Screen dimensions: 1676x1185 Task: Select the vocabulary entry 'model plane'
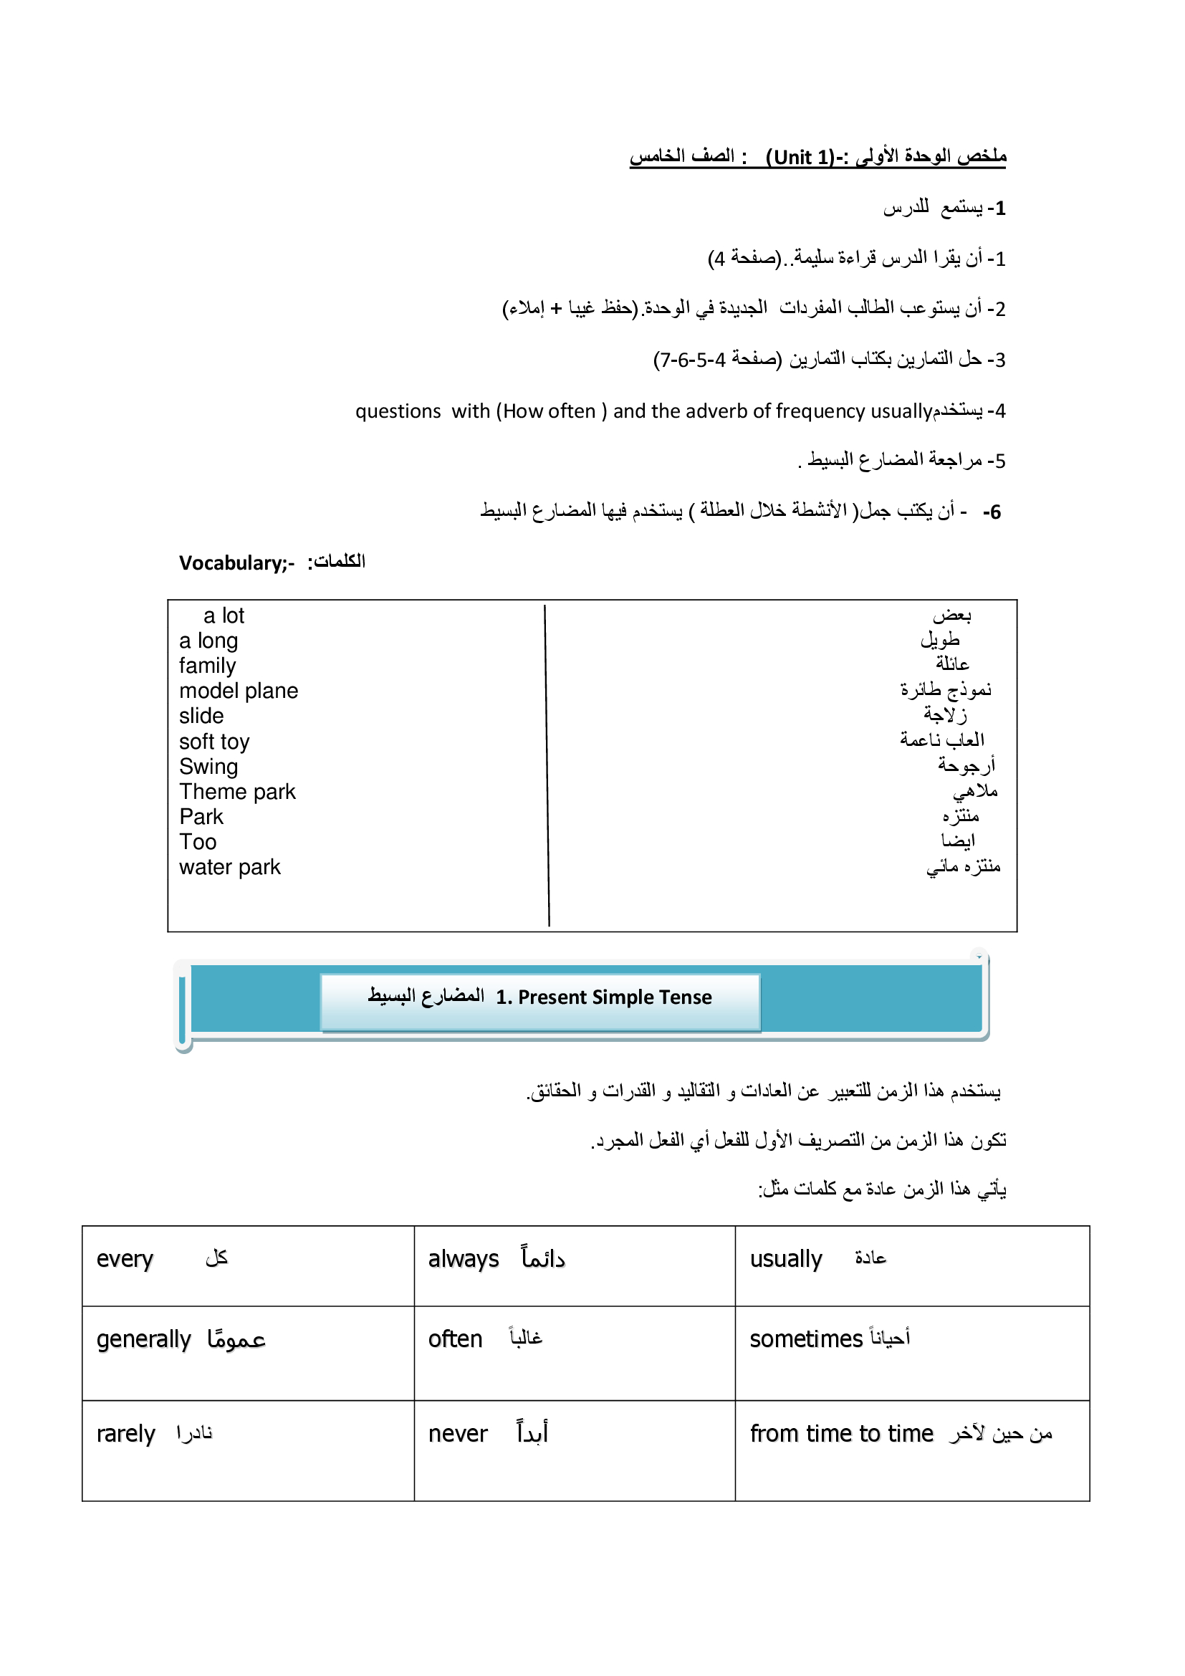click(239, 691)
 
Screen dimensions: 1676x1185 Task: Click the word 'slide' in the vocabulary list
click(201, 716)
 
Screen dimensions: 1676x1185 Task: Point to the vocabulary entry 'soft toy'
click(214, 742)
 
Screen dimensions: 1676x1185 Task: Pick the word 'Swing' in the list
click(208, 767)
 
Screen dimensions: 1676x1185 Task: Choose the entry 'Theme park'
click(237, 792)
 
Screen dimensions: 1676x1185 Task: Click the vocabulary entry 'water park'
click(230, 867)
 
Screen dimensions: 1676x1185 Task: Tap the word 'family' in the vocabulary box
click(208, 666)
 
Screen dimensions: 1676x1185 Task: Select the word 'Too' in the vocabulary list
click(198, 843)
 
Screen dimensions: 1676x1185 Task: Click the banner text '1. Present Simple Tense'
click(603, 997)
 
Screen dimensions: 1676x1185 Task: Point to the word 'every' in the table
click(125, 1259)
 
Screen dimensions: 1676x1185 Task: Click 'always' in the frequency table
click(464, 1259)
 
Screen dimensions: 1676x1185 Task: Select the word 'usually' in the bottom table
click(786, 1259)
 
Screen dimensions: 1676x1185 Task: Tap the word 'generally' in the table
click(144, 1339)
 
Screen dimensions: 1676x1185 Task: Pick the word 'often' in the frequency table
click(456, 1339)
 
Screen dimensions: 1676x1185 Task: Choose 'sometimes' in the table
click(806, 1339)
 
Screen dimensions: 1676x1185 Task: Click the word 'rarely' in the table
click(126, 1434)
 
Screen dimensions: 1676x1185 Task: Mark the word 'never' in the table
click(458, 1434)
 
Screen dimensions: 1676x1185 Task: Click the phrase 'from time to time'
click(841, 1434)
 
